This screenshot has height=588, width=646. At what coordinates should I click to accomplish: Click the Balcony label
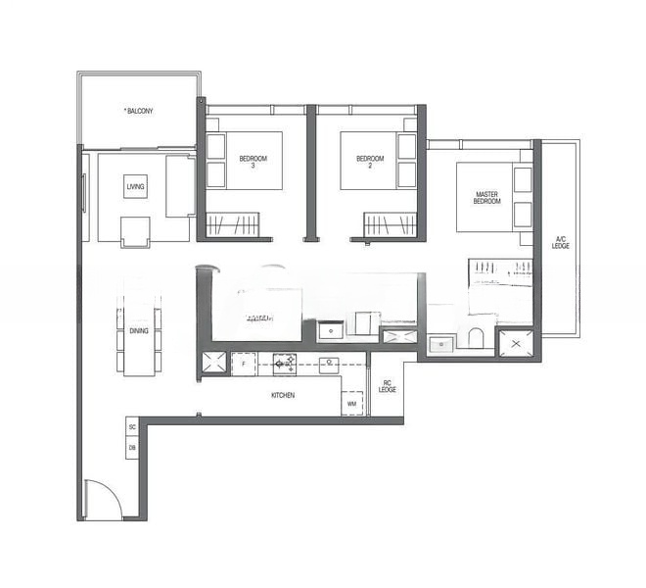click(x=139, y=111)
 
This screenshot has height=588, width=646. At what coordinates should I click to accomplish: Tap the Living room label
click(x=135, y=186)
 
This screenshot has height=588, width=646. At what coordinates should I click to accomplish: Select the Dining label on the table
click(x=138, y=331)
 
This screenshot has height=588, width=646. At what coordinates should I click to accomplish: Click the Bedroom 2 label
click(x=369, y=162)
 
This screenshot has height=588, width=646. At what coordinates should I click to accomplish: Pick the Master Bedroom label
click(x=486, y=198)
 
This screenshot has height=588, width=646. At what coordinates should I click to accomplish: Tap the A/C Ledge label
click(x=561, y=242)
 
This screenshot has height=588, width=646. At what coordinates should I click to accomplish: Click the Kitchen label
click(x=283, y=395)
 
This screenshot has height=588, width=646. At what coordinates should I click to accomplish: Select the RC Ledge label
click(x=388, y=387)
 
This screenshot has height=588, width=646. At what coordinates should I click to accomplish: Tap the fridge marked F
click(x=243, y=364)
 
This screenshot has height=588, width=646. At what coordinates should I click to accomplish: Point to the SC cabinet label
click(x=132, y=428)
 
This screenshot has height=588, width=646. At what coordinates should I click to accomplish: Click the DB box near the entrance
click(x=132, y=448)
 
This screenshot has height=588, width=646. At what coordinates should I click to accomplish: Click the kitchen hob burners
click(x=285, y=364)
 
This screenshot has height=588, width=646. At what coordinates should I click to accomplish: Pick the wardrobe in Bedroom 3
click(x=233, y=225)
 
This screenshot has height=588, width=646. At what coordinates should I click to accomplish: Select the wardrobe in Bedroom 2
click(x=390, y=225)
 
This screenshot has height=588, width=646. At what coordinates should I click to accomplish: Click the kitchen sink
click(x=329, y=364)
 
